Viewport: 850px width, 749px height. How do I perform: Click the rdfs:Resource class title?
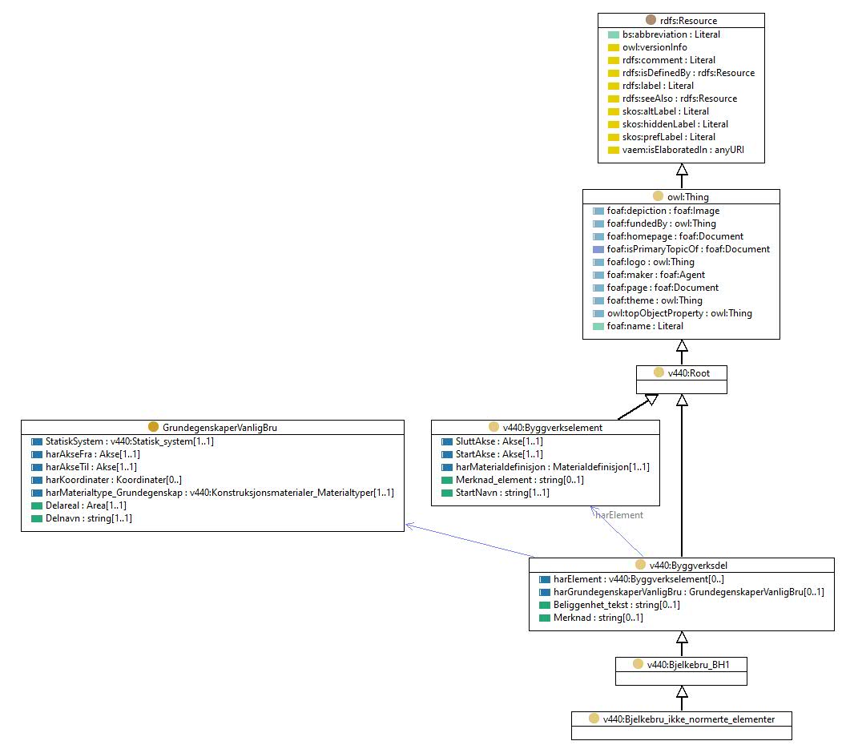[688, 21]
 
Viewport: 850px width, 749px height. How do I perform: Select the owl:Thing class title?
[688, 197]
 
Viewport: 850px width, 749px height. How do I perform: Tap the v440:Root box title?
[688, 372]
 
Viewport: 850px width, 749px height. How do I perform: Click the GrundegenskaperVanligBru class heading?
[220, 428]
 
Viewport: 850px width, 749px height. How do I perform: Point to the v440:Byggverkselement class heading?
[553, 428]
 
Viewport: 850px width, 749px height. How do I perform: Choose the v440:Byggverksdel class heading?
[688, 566]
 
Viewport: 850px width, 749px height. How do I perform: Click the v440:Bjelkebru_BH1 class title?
[688, 664]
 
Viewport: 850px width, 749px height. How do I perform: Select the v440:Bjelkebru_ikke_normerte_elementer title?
[688, 719]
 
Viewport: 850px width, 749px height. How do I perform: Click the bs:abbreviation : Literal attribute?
[671, 34]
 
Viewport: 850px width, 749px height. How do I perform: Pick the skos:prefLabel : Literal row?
[669, 137]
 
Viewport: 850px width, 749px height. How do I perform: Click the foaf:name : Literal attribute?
[645, 326]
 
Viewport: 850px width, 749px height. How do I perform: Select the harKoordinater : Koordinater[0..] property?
[113, 480]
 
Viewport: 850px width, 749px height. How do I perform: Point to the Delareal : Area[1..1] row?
[86, 505]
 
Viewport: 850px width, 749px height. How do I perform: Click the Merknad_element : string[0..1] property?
[519, 480]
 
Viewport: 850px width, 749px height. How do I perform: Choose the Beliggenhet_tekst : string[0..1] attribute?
[616, 605]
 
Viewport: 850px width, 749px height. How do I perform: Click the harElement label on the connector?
[619, 515]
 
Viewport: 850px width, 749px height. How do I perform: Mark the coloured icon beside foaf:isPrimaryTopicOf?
[598, 249]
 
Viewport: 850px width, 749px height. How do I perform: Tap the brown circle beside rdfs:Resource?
[651, 20]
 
